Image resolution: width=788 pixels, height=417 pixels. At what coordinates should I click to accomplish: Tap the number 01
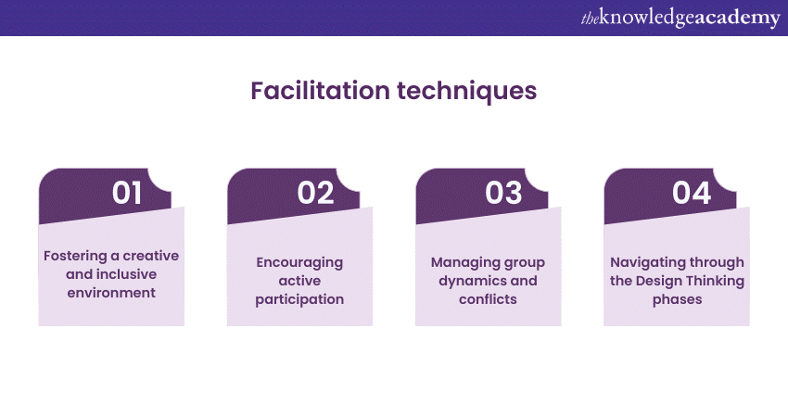(127, 193)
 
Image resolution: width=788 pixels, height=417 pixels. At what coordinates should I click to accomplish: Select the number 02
(315, 193)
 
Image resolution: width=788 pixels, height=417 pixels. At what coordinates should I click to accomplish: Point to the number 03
(503, 193)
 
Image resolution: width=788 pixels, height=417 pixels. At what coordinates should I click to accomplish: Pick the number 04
(692, 193)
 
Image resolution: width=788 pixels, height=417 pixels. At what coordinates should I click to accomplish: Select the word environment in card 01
(111, 293)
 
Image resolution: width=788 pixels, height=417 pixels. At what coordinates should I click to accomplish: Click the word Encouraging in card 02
(299, 262)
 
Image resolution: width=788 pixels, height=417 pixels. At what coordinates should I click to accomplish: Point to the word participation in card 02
(299, 299)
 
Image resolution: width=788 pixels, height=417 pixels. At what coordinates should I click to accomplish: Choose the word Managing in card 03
(460, 262)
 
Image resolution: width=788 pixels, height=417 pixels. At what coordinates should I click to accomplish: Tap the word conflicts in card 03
(488, 299)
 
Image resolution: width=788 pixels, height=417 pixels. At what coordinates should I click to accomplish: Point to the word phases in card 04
(677, 299)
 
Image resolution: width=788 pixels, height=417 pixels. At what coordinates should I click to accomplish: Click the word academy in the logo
(733, 19)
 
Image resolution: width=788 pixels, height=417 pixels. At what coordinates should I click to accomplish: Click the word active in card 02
(299, 281)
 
